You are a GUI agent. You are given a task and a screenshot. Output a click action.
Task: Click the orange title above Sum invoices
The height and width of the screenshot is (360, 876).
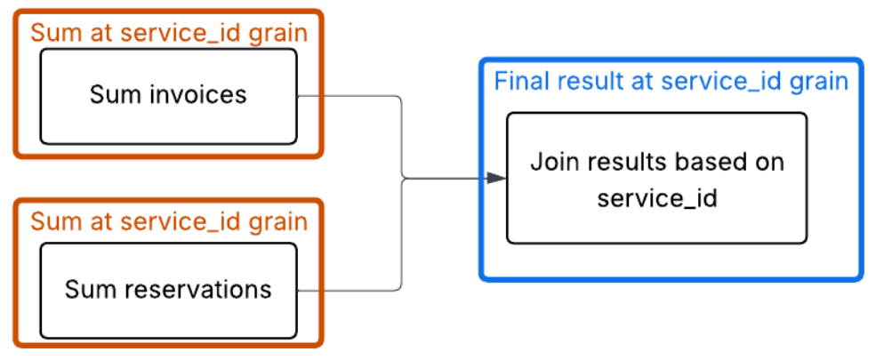(169, 33)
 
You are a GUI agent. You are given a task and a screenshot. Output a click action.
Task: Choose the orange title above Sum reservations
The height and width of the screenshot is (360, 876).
(169, 220)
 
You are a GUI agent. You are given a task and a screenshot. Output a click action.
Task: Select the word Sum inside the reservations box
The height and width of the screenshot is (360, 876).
(85, 289)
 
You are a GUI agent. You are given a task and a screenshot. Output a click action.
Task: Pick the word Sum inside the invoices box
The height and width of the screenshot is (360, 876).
(110, 94)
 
